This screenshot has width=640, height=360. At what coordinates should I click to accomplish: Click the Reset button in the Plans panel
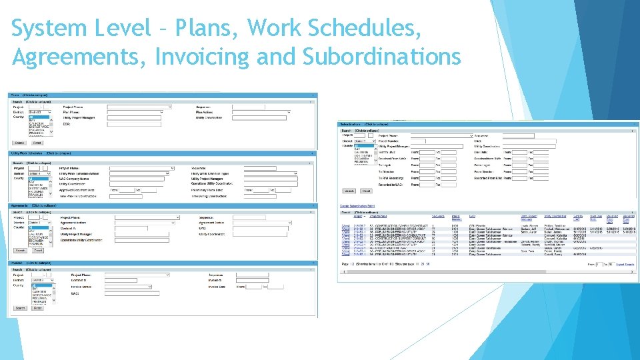click(x=37, y=143)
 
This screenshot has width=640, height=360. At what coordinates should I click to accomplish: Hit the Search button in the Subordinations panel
click(x=348, y=191)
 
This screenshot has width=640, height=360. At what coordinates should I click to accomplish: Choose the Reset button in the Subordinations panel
click(x=366, y=191)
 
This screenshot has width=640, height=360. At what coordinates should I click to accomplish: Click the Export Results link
click(x=624, y=265)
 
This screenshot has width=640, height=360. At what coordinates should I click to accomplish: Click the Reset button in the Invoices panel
click(x=37, y=308)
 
